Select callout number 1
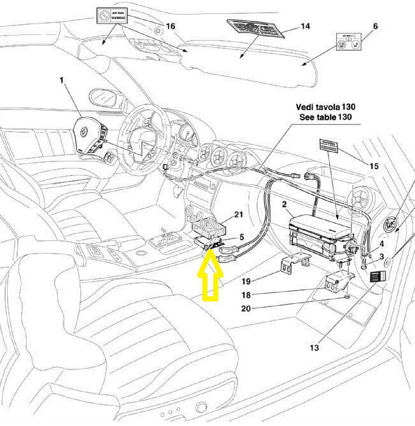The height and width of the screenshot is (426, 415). click(x=62, y=81)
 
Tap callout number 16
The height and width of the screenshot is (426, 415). click(x=170, y=26)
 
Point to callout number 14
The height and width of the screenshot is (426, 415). click(x=305, y=27)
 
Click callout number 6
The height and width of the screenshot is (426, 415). click(x=375, y=26)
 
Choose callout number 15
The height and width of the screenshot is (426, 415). click(x=374, y=166)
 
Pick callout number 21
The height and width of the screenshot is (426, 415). click(x=239, y=214)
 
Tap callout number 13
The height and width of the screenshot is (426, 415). click(x=314, y=347)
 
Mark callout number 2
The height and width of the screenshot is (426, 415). click(x=285, y=205)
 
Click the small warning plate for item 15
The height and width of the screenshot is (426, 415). click(x=330, y=147)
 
